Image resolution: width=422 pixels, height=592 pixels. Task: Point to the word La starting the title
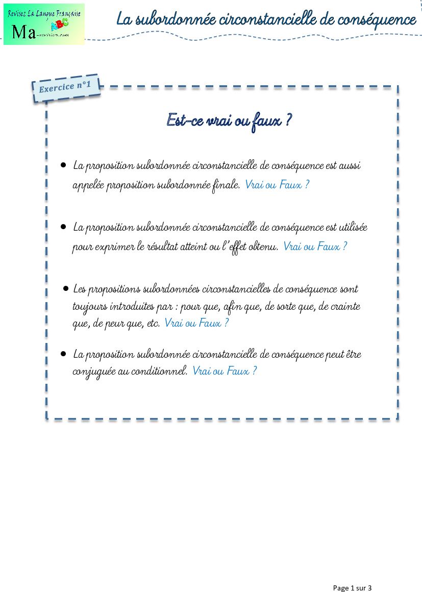[124, 19]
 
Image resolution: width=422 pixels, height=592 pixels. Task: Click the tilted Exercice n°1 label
[65, 87]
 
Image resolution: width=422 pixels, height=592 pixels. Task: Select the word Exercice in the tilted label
[57, 88]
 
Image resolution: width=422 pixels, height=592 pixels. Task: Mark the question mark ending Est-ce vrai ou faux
[288, 120]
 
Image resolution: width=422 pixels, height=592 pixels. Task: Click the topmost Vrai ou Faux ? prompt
[277, 184]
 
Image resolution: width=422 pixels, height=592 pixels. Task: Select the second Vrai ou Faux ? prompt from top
[315, 246]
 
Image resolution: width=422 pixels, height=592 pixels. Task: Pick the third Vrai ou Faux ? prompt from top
[196, 323]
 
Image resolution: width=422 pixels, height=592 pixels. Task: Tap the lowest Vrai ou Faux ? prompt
[225, 371]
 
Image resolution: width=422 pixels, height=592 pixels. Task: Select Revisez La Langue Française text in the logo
[44, 13]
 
